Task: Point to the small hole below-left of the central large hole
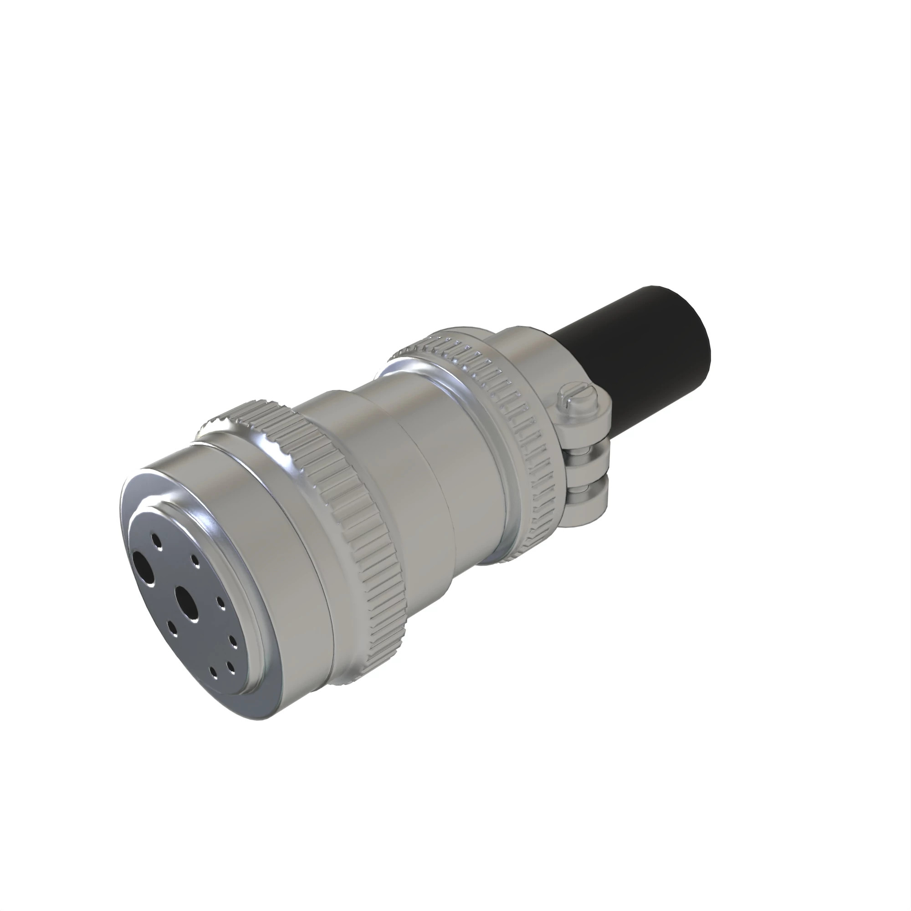(172, 628)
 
